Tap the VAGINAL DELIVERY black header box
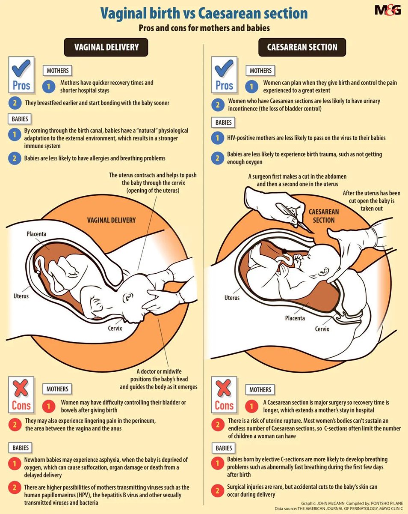click(x=106, y=47)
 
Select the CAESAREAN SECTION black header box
click(x=302, y=47)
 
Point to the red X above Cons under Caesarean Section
click(x=224, y=388)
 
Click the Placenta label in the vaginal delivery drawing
click(x=36, y=234)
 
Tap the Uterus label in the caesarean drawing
click(x=232, y=298)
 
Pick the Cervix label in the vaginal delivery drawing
click(x=115, y=328)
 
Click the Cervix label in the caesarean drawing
click(x=322, y=329)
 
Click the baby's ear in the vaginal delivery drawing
click(x=128, y=297)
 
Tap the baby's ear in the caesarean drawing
click(x=324, y=272)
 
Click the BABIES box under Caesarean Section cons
click(x=224, y=448)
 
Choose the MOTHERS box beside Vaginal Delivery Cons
click(x=57, y=389)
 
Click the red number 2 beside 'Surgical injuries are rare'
click(x=218, y=490)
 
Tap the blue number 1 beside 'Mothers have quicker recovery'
click(x=49, y=86)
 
